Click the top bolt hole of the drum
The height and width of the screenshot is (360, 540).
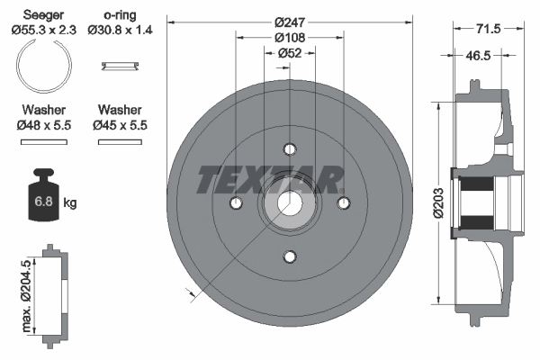pos(289,149)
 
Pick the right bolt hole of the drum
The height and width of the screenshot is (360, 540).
pos(343,203)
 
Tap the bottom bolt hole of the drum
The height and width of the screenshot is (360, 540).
pos(289,257)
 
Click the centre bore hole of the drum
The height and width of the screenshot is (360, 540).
pos(289,204)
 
